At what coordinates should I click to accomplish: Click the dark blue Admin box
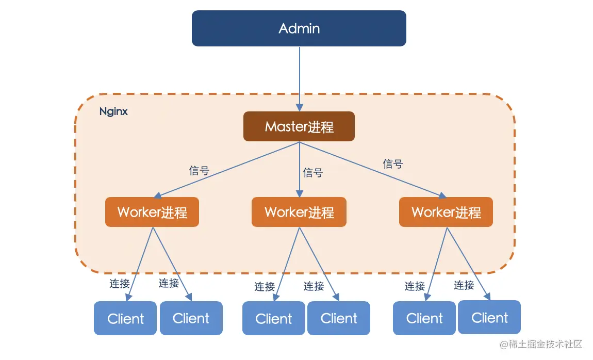coord(299,28)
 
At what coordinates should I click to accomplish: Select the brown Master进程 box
coord(299,126)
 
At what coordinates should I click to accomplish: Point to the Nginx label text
coord(113,111)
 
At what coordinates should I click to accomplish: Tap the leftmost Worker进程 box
coord(152,212)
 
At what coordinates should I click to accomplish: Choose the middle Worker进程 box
coord(299,212)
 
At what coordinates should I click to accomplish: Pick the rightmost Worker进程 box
coord(446,212)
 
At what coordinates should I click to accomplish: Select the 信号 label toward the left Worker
coord(199,171)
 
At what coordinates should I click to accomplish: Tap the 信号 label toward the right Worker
coord(393,164)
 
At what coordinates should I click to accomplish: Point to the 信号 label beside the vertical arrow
coord(313,173)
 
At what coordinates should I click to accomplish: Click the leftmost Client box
coord(125,319)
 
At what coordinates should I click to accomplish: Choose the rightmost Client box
coord(489,318)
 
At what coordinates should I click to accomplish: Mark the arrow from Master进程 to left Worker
coord(227,170)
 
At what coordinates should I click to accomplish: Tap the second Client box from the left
coord(191,319)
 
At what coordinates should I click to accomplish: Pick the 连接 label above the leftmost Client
coord(120,283)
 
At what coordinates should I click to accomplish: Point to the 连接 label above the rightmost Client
coord(464,285)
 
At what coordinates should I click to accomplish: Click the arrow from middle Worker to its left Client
coord(286,264)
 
